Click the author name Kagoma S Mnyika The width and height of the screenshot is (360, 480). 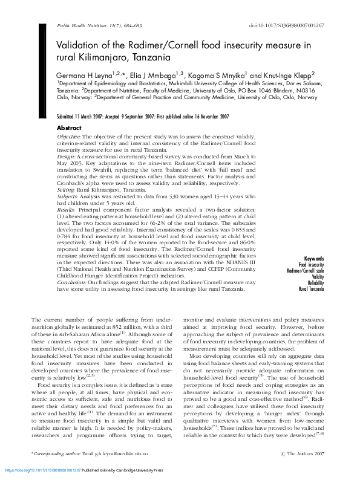pos(218,73)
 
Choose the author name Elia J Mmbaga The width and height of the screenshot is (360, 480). pos(157,73)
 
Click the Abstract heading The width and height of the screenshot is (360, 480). pos(69,128)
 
